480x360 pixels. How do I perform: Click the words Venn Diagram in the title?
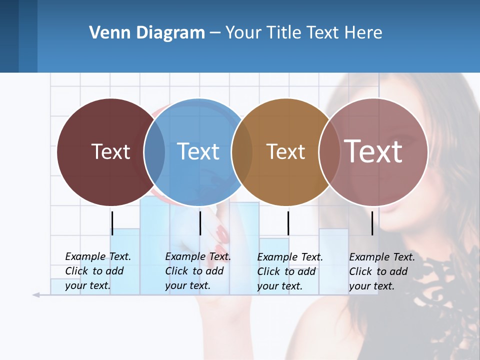tap(147, 33)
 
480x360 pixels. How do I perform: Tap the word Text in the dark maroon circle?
tap(110, 151)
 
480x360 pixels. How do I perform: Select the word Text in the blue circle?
tap(198, 151)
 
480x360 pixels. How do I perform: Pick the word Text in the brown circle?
tap(285, 151)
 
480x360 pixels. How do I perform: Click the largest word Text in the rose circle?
tap(373, 151)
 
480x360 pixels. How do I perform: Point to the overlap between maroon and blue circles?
tap(155, 152)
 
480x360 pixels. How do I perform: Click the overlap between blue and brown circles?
tap(242, 152)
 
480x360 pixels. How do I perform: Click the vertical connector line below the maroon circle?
tap(112, 223)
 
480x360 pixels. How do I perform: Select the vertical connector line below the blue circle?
tap(200, 223)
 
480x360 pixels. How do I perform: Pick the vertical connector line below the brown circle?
tap(288, 223)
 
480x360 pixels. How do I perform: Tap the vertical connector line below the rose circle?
tap(372, 223)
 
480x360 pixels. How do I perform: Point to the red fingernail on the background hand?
tap(221, 233)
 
